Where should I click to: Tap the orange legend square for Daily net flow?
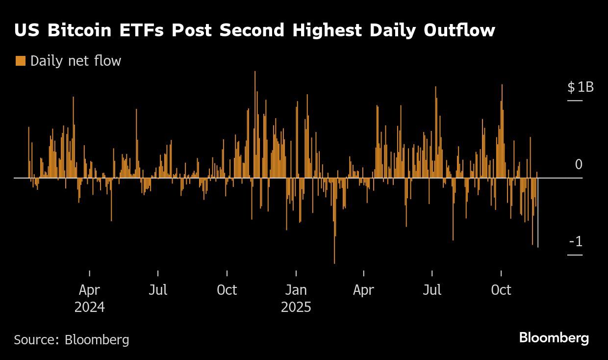click(20, 61)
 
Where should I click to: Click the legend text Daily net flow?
click(76, 61)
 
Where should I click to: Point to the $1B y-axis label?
click(581, 87)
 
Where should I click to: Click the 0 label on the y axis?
click(579, 164)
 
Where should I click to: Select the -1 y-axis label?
click(576, 242)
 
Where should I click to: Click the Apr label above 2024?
click(89, 290)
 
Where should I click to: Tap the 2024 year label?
click(89, 307)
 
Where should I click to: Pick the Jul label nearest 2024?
click(158, 290)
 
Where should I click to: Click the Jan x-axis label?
click(296, 290)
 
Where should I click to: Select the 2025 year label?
click(296, 307)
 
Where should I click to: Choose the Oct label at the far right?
click(501, 290)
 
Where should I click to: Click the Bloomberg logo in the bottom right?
click(554, 338)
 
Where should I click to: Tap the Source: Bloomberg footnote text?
click(72, 339)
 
